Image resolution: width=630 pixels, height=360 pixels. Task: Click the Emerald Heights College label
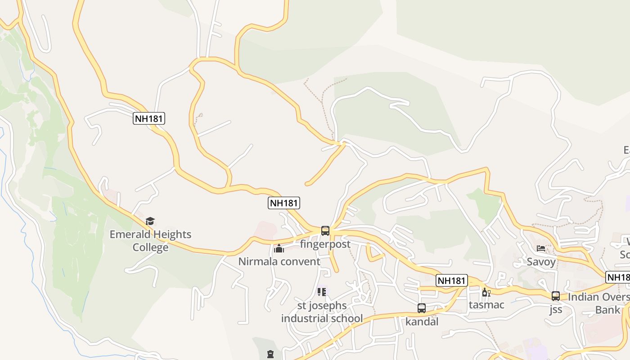(150, 241)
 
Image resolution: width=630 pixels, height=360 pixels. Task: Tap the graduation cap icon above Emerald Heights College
(150, 221)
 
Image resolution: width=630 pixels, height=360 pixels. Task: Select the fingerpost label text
(325, 244)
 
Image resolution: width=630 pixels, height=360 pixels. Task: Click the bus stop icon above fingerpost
(325, 231)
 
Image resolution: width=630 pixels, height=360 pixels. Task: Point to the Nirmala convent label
(279, 261)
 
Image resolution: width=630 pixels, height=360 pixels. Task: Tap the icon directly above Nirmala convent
(279, 248)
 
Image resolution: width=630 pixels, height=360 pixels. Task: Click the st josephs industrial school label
(322, 312)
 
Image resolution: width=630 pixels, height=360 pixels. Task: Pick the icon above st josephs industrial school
(321, 292)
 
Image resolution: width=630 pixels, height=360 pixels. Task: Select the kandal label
(422, 322)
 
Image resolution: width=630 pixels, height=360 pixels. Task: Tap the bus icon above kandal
(422, 308)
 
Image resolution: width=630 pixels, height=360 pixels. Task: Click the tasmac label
(486, 305)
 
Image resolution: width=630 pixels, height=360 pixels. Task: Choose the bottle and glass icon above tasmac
(486, 292)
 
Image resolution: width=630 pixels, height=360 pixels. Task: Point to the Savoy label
(541, 261)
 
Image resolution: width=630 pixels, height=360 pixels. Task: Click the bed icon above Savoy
(541, 248)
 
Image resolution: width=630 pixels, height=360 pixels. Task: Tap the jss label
(556, 310)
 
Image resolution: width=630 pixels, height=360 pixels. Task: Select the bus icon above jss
(556, 296)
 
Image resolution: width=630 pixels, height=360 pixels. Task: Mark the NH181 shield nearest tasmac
(452, 281)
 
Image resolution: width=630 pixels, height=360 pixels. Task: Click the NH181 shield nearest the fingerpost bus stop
(284, 203)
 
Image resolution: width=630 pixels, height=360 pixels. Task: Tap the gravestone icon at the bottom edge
(270, 354)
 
